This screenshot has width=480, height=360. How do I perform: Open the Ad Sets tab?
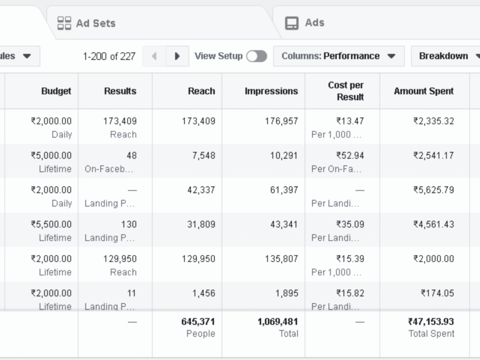pos(87,23)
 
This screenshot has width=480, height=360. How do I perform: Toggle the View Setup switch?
pos(256,56)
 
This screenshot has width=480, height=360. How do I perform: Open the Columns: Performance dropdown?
pos(338,56)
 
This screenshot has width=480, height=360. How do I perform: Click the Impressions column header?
pos(271,91)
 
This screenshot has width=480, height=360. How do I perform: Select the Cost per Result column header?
pos(345,91)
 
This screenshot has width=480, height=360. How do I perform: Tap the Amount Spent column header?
pos(424,91)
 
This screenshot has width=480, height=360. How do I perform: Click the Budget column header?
pos(56,91)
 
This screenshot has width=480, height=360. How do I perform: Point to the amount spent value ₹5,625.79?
pos(434,190)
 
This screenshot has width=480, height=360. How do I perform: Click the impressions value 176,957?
pos(281,121)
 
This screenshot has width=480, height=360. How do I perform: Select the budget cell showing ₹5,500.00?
pos(52,224)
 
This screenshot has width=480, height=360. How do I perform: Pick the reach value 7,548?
pos(203,155)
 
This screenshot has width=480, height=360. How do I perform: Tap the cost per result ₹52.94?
pos(350,155)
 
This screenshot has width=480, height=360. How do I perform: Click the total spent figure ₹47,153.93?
pos(431,322)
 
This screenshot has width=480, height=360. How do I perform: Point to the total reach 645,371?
pos(198,322)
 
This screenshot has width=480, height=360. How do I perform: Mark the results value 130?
pos(128,224)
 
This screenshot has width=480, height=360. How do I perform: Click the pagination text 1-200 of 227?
pos(109,56)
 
